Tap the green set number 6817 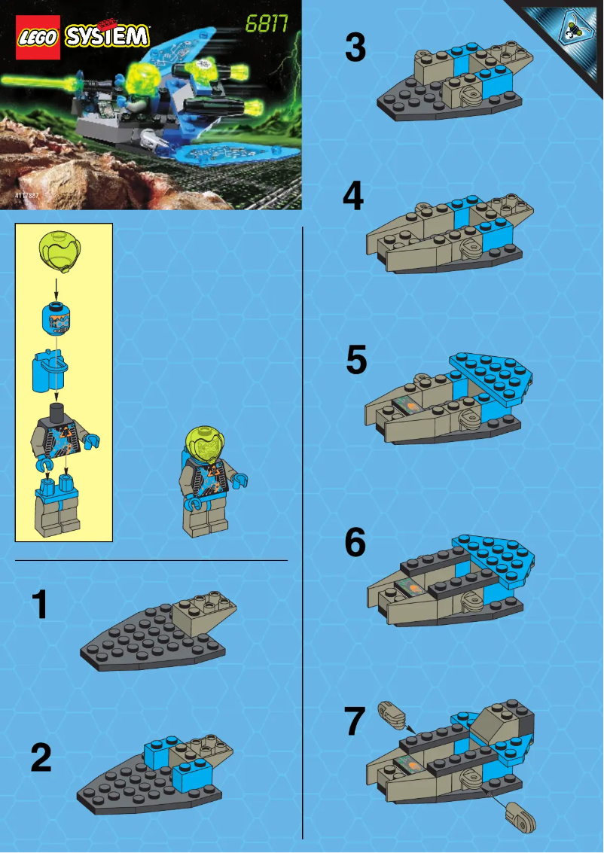tap(267, 24)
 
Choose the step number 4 tap(353, 198)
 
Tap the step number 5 tap(356, 361)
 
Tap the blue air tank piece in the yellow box tap(47, 370)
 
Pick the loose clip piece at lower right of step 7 tap(520, 815)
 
